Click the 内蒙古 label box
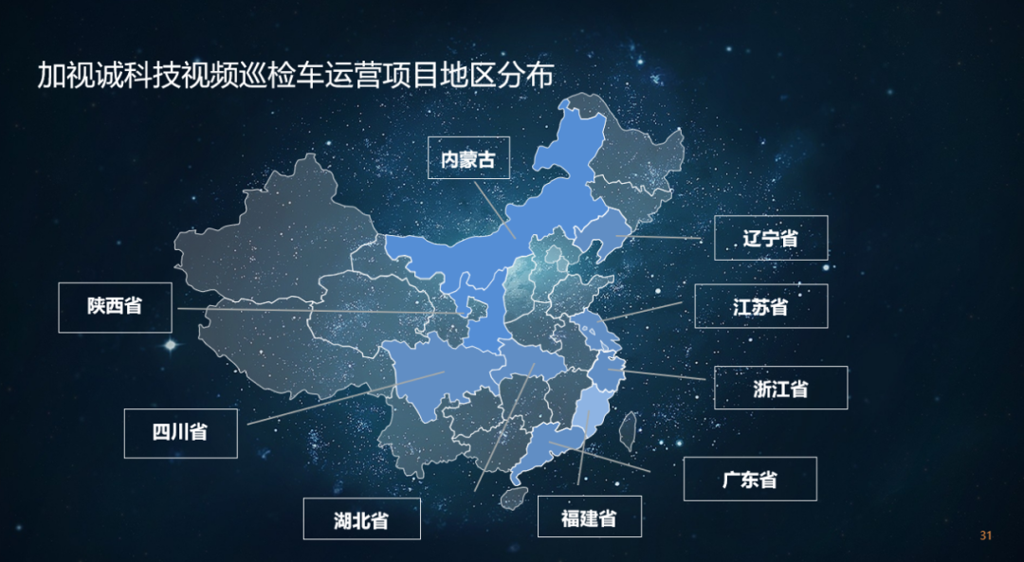468,159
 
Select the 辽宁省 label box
770,238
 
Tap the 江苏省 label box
760,306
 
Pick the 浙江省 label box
780,388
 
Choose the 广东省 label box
749,479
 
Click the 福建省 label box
589,517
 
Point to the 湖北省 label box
361,519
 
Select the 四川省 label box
180,432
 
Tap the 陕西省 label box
115,306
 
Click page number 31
985,536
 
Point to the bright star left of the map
171,346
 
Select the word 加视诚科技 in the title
99,76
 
